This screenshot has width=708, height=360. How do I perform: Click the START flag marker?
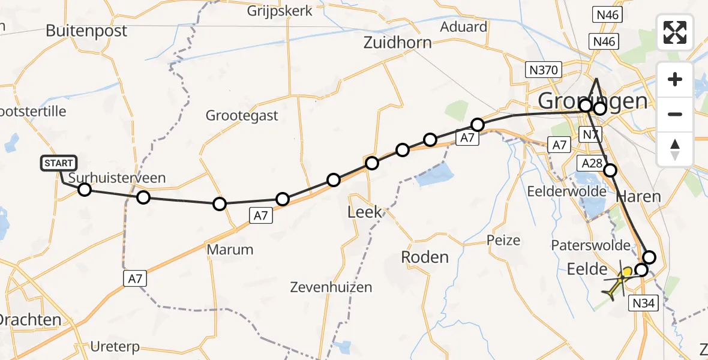[59, 163]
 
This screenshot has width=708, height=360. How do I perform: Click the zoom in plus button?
[675, 79]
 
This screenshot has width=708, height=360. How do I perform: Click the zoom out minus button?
[675, 114]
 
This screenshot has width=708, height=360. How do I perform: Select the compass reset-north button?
[675, 149]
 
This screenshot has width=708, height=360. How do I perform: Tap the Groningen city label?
[593, 100]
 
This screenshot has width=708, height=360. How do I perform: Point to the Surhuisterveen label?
[117, 178]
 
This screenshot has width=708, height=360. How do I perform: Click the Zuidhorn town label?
[397, 42]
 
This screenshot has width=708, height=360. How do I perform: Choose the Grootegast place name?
[242, 115]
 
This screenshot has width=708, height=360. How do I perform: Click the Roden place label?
[425, 257]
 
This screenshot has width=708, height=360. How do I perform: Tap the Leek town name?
[364, 212]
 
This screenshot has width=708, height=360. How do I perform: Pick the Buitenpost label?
[86, 31]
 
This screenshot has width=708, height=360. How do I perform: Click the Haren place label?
[638, 196]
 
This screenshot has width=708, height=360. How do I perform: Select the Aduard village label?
[463, 26]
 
